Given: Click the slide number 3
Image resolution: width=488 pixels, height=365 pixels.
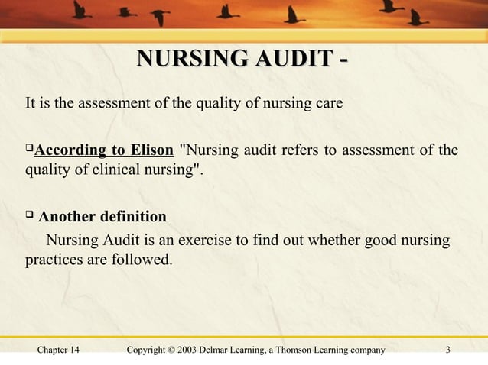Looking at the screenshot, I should click(x=448, y=350).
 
